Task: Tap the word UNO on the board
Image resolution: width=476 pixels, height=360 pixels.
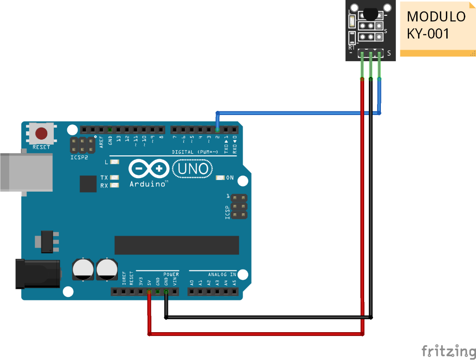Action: (x=193, y=168)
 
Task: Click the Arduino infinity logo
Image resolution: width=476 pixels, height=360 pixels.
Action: (x=148, y=169)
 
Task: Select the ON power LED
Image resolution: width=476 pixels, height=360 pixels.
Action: (x=220, y=178)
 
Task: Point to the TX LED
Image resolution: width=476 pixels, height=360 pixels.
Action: (x=114, y=178)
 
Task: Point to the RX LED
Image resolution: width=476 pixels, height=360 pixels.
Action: (x=114, y=186)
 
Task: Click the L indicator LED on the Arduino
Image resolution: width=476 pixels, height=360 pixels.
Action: (x=114, y=162)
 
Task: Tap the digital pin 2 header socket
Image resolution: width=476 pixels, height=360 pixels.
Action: (x=218, y=129)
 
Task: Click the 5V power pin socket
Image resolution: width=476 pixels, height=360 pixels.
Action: (x=149, y=292)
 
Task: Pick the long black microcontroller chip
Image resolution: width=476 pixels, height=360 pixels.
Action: (x=176, y=245)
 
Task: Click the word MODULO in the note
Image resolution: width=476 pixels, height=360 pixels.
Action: (x=436, y=17)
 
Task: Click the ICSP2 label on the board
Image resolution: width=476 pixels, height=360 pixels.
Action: (x=79, y=157)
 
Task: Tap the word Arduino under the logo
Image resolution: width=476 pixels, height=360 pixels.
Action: (x=148, y=184)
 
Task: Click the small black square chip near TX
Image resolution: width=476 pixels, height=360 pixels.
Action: (x=88, y=184)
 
